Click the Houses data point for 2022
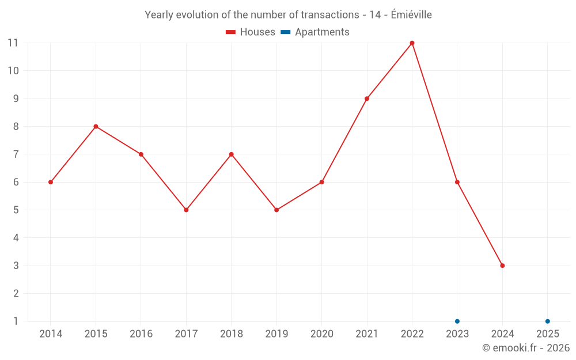(412, 43)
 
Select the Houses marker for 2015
(96, 127)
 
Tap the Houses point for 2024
(502, 266)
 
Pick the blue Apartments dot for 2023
(457, 321)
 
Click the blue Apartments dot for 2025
(548, 321)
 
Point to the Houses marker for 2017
(186, 210)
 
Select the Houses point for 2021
(367, 98)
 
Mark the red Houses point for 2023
(457, 182)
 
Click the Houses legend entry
(251, 32)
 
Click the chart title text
(288, 15)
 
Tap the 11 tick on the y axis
(13, 43)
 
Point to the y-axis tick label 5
(16, 210)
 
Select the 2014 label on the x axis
(51, 334)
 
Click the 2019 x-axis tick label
(276, 334)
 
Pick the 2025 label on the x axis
(548, 334)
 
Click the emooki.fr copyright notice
(525, 348)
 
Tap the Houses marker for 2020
(321, 182)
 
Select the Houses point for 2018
(231, 154)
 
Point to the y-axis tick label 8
(16, 127)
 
